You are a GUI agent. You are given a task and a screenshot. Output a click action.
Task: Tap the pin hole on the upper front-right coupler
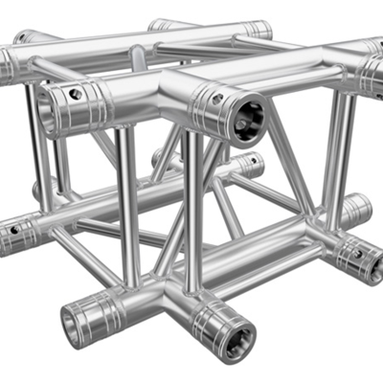click(x=218, y=98)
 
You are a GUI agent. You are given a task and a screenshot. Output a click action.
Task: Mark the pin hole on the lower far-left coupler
click(x=13, y=230)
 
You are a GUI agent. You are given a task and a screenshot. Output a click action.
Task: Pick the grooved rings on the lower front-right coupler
click(x=213, y=321)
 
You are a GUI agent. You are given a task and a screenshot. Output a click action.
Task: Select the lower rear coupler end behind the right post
click(x=356, y=207)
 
